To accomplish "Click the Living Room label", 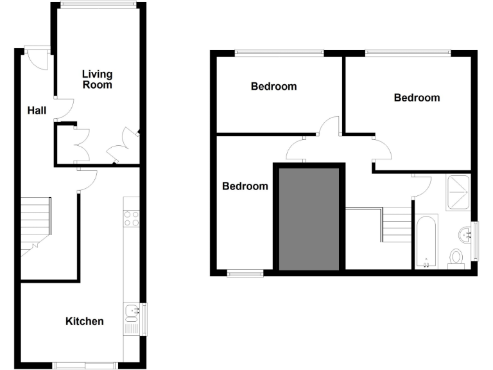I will coord(97,80).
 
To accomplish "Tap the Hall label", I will coord(37,110).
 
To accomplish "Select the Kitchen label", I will coord(85,321).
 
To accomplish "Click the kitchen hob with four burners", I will coord(132,218).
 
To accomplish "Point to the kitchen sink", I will coord(132,314).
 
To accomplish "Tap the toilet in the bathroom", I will coord(456,258).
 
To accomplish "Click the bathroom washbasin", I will coord(465,232).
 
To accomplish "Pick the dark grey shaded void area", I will coord(309,218).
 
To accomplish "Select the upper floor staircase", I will coord(389,225).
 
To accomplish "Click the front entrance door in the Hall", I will coord(37,60).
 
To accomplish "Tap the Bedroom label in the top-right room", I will coord(417,98).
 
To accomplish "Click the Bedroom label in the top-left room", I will coord(273,86).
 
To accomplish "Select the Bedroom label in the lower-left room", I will coord(245,186).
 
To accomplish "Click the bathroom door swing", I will coord(421,186).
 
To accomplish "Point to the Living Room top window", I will coord(98,6).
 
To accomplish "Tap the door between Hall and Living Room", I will coord(64,109).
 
